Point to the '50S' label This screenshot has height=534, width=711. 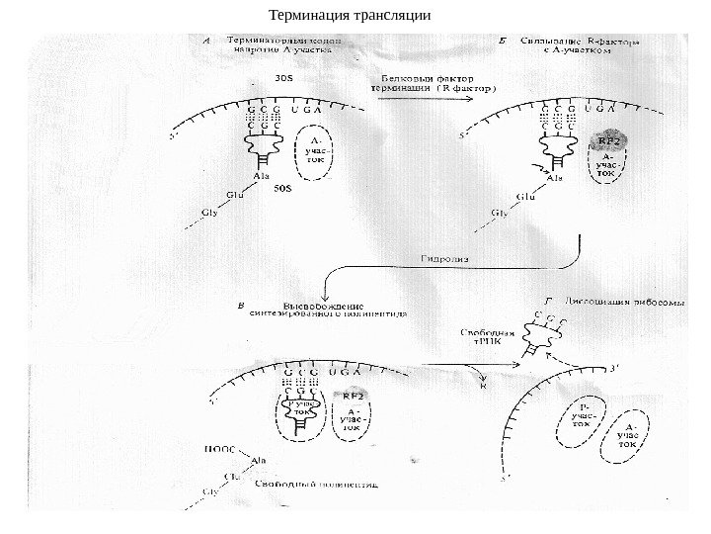pos(281,185)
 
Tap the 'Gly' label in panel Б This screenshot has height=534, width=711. pos(499,213)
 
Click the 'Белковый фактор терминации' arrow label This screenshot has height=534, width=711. pos(434,81)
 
